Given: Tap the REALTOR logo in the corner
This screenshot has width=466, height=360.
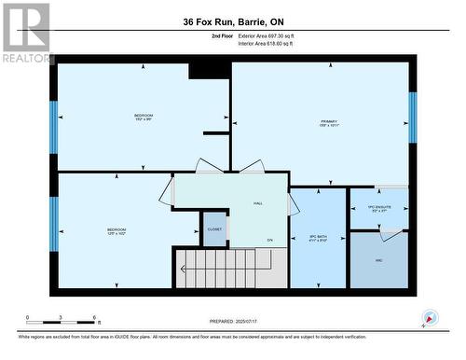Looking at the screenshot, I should (x=25, y=34).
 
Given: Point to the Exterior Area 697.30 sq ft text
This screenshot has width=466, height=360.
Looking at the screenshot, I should (x=271, y=35).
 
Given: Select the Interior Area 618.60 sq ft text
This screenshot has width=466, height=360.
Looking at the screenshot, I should (x=271, y=43).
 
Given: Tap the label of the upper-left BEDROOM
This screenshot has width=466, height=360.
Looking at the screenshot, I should (x=143, y=117).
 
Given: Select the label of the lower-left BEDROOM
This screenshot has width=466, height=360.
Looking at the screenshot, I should (x=116, y=230).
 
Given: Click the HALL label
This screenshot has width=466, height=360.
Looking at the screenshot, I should (x=258, y=203).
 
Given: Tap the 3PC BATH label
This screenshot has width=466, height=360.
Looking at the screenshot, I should (x=318, y=237).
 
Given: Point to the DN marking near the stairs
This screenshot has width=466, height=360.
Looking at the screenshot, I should (x=269, y=241).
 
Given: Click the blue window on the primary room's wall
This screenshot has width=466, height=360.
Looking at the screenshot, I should (x=412, y=118).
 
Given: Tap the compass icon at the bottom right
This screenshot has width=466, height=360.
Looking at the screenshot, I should (x=429, y=319).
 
